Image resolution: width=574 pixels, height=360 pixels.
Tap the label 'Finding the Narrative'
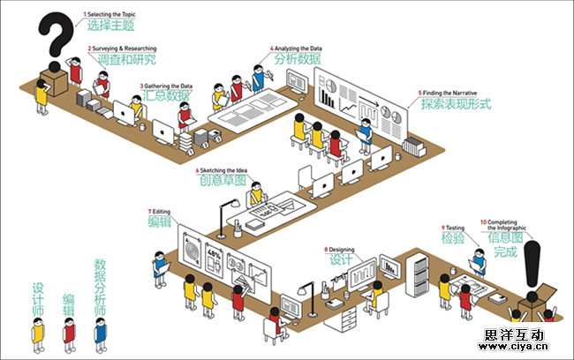(x=449, y=92)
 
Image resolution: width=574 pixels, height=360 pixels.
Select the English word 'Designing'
(x=341, y=250)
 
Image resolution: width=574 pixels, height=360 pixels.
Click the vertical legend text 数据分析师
(x=100, y=289)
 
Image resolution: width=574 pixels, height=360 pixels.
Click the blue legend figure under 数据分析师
(x=100, y=334)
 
